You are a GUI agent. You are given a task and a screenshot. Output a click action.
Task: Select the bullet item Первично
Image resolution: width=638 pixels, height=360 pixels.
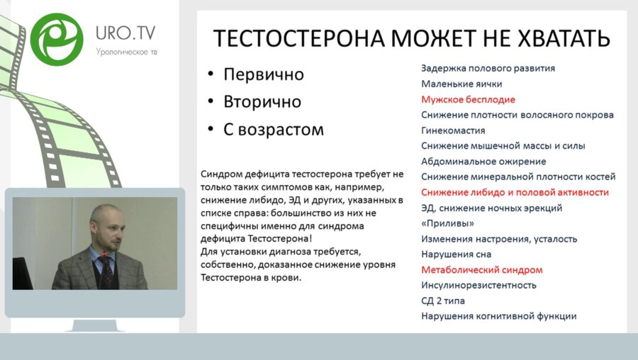tap(263, 74)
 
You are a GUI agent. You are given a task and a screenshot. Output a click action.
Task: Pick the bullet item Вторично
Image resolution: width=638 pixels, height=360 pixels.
tap(262, 102)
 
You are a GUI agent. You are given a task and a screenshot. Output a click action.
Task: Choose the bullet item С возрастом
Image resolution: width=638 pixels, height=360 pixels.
tap(273, 130)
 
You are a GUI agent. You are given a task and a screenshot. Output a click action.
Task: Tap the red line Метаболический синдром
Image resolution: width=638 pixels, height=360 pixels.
tap(481, 270)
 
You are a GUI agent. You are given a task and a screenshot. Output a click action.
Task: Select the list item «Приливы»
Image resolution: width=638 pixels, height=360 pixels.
tap(448, 223)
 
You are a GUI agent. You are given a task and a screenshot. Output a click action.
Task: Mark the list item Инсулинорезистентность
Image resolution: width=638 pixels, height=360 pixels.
tap(478, 285)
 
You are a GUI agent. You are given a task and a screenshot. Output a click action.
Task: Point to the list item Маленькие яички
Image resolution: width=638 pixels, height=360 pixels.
tap(461, 84)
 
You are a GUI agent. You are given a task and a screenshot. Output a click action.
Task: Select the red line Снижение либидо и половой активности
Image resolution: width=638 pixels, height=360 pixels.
tap(515, 192)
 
